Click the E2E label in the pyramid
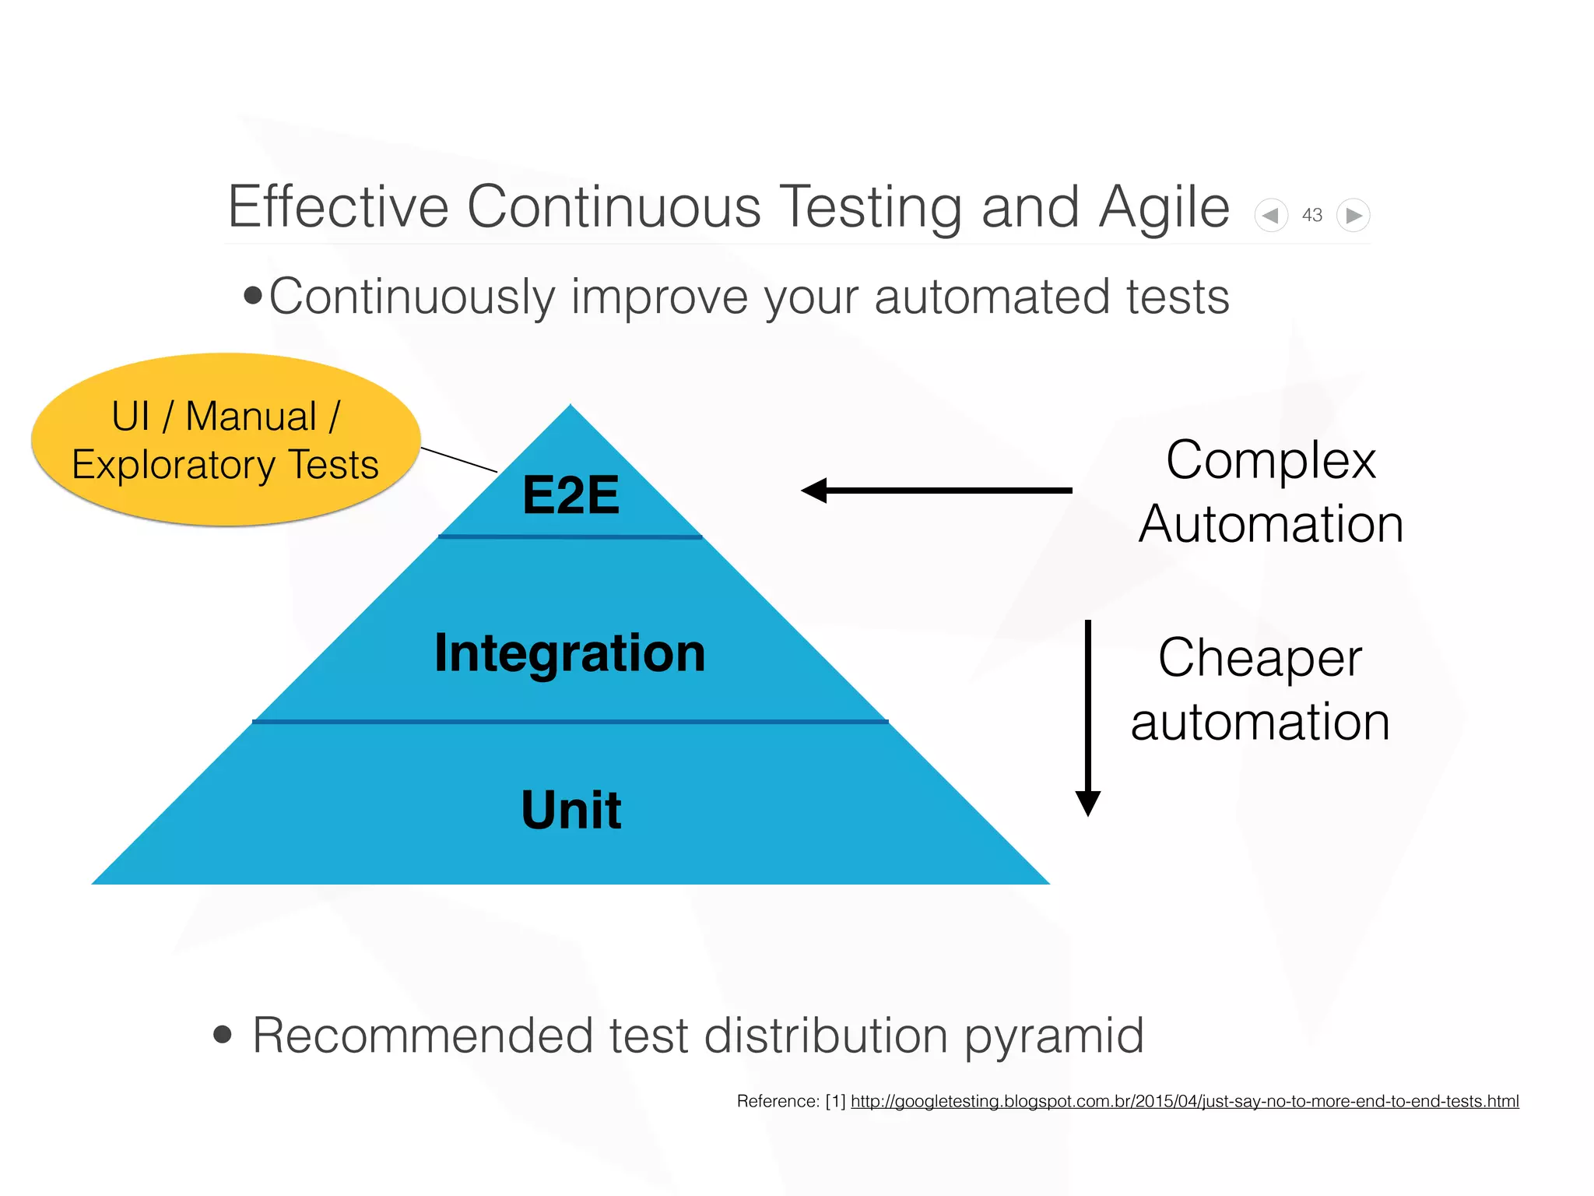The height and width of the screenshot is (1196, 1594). (x=571, y=495)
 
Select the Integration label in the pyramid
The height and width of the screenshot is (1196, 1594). (x=570, y=653)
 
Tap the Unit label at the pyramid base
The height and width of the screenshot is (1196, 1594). (x=571, y=810)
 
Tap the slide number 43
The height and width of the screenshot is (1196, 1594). (x=1312, y=215)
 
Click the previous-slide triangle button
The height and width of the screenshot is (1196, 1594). (x=1271, y=215)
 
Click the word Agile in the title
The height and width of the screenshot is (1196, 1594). (x=1164, y=207)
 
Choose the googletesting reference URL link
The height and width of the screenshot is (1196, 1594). (x=1185, y=1101)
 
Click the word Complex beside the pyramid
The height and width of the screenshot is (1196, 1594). (x=1271, y=460)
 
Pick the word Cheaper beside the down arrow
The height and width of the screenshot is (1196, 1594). (x=1260, y=658)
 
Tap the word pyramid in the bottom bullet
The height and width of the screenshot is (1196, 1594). (x=1055, y=1036)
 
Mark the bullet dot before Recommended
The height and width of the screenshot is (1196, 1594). (x=223, y=1034)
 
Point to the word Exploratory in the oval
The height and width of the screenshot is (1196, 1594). (x=174, y=466)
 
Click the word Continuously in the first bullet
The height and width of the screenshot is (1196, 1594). (x=412, y=297)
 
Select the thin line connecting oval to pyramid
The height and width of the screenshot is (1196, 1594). (x=458, y=459)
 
